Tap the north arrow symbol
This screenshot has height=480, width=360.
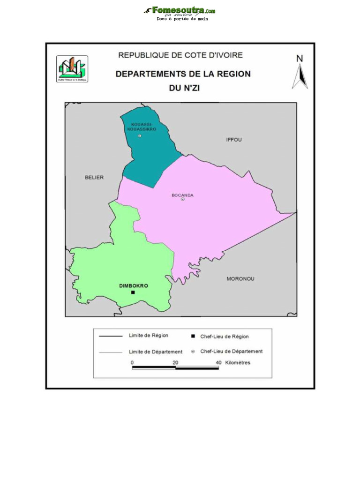click(300, 77)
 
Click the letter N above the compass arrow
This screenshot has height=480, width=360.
click(300, 59)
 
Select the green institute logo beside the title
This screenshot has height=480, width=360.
click(72, 68)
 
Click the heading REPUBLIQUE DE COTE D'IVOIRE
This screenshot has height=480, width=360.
click(180, 55)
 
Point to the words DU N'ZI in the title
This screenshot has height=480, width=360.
click(184, 88)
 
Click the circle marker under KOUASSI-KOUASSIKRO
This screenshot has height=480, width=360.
click(140, 136)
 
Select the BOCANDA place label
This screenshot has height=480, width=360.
click(182, 195)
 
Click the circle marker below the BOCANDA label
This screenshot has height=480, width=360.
click(183, 199)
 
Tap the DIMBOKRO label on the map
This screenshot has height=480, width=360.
click(134, 285)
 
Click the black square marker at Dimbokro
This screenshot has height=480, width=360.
click(133, 292)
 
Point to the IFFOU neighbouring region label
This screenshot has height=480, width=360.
click(234, 140)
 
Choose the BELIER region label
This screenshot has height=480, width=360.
click(94, 177)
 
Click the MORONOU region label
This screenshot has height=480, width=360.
click(240, 279)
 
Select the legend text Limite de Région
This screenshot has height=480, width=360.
click(149, 336)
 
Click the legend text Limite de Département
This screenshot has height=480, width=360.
click(156, 352)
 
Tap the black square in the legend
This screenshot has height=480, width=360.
click(193, 337)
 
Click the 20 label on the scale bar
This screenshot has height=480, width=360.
click(175, 362)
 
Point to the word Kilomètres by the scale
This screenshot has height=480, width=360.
click(238, 362)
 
